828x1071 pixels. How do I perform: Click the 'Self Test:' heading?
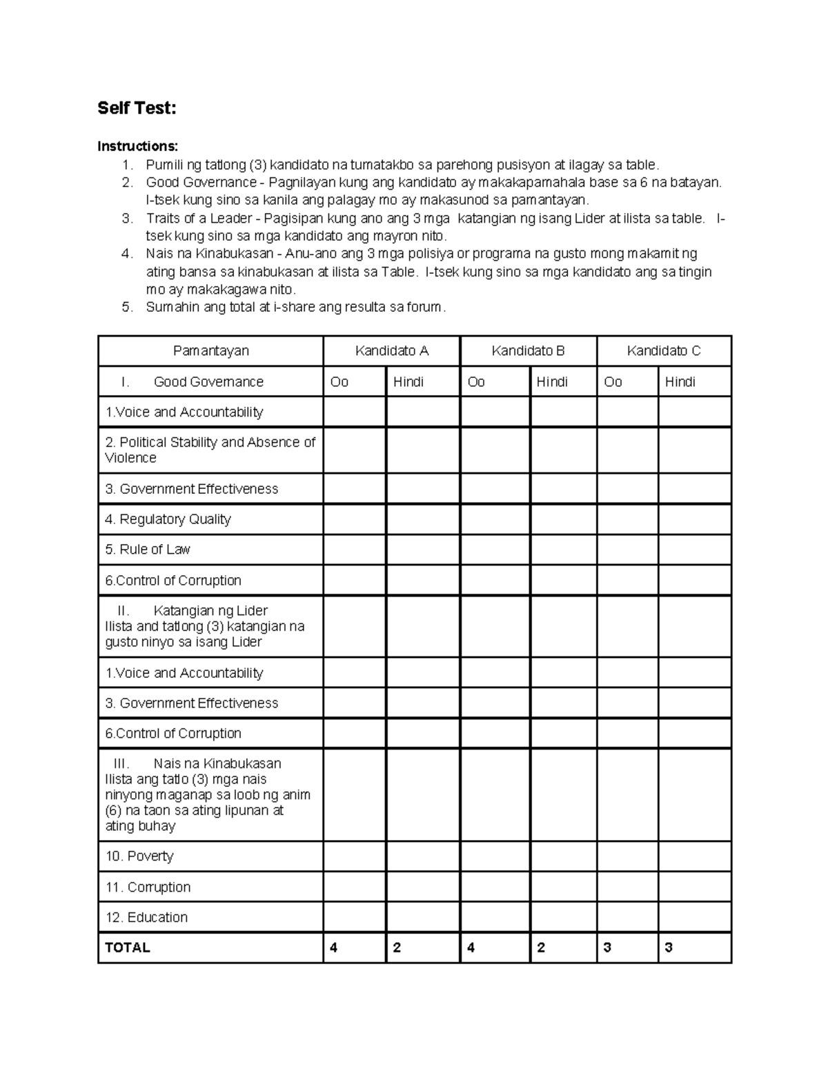pyautogui.click(x=137, y=108)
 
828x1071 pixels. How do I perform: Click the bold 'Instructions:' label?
pyautogui.click(x=137, y=146)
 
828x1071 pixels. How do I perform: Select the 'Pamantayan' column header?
pyautogui.click(x=210, y=351)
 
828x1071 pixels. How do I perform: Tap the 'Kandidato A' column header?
pyautogui.click(x=391, y=351)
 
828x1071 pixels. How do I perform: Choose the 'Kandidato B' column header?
pyautogui.click(x=528, y=351)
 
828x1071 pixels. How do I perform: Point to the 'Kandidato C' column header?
pyautogui.click(x=663, y=351)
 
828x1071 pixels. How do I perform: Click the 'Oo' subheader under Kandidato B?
pyautogui.click(x=476, y=382)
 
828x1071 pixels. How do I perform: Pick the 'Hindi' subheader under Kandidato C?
pyautogui.click(x=680, y=382)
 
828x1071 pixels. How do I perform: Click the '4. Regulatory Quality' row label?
pyautogui.click(x=168, y=519)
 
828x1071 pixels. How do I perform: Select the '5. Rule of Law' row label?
pyautogui.click(x=147, y=550)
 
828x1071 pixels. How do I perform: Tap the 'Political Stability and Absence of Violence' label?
pyautogui.click(x=210, y=450)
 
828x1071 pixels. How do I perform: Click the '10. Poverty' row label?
pyautogui.click(x=139, y=857)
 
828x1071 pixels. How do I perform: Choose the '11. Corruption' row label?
pyautogui.click(x=148, y=888)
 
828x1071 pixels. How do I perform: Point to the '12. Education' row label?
pyautogui.click(x=146, y=918)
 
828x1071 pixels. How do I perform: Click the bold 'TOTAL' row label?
pyautogui.click(x=127, y=948)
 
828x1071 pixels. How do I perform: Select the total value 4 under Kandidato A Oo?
pyautogui.click(x=334, y=948)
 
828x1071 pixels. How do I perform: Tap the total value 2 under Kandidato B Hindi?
pyautogui.click(x=541, y=948)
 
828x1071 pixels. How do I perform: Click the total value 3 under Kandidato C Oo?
pyautogui.click(x=607, y=948)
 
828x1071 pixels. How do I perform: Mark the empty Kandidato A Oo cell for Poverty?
pyautogui.click(x=354, y=857)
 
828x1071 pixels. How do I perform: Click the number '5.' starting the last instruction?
pyautogui.click(x=127, y=308)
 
